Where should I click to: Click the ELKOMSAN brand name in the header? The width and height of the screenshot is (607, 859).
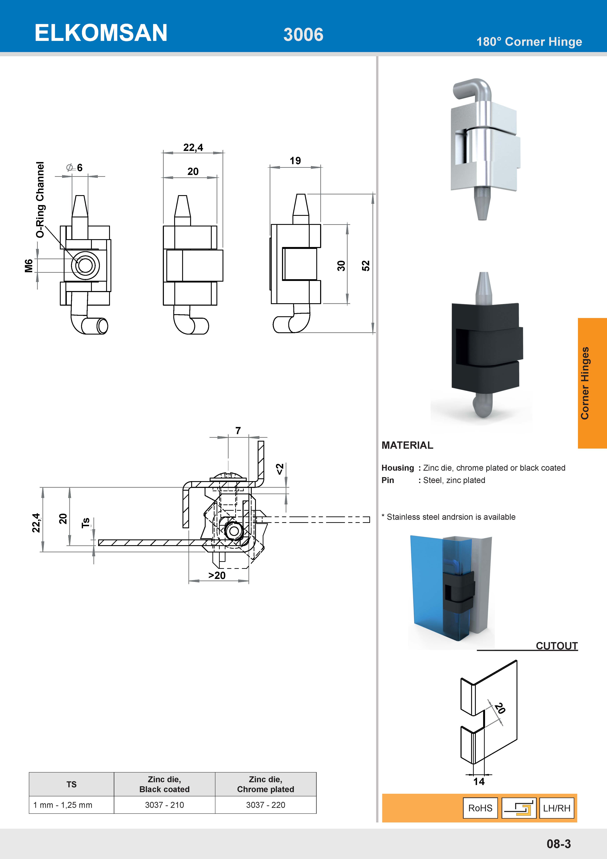[x=101, y=33]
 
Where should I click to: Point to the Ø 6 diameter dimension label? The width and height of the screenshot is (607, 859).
[x=75, y=168]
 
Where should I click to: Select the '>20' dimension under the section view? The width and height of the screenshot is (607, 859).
[x=217, y=575]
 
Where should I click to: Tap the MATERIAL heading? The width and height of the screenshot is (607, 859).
[x=407, y=445]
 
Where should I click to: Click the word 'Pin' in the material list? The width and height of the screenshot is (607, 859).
[x=388, y=480]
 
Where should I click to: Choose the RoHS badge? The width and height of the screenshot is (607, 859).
[x=480, y=808]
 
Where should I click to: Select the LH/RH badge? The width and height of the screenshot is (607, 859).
[x=557, y=808]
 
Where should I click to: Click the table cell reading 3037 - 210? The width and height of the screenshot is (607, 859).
[x=165, y=805]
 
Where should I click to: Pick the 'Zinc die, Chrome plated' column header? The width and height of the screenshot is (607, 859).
[x=265, y=784]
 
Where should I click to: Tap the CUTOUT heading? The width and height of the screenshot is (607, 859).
[x=557, y=646]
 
